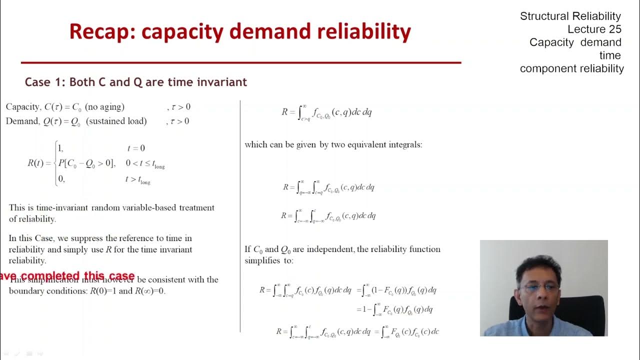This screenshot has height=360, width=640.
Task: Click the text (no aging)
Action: (x=104, y=107)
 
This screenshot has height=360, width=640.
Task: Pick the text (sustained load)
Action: (x=116, y=121)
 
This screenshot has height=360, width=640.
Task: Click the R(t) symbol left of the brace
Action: (x=36, y=163)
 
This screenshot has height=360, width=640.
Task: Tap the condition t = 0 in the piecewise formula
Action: (x=136, y=148)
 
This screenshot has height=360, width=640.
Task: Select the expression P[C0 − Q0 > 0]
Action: (x=86, y=163)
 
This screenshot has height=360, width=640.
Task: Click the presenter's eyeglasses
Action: (x=539, y=287)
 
